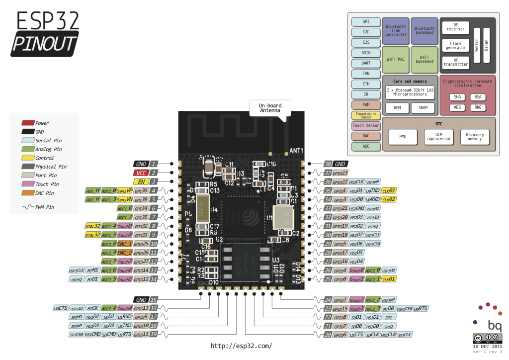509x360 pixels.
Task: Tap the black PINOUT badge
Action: coord(45,44)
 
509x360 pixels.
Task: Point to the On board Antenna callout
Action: coord(270,108)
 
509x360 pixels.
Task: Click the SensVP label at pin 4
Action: coord(125,190)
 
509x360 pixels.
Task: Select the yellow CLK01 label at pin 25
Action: coord(389,279)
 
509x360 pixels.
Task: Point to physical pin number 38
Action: coord(328,164)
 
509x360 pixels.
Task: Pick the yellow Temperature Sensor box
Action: coord(365,115)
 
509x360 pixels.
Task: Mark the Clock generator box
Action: coord(455,46)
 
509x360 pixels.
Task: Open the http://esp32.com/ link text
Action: coord(241,346)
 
